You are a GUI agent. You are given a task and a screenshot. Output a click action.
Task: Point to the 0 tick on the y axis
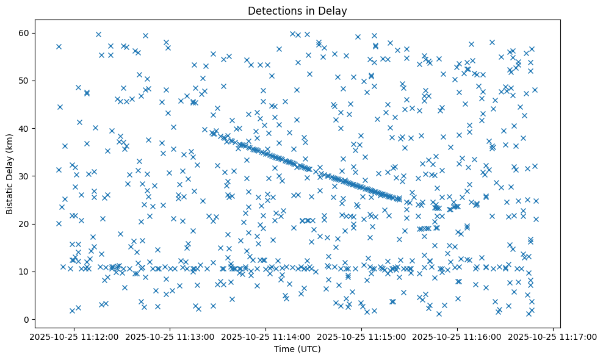(x=25, y=319)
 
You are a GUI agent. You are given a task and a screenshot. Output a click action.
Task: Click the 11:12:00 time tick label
(x=74, y=336)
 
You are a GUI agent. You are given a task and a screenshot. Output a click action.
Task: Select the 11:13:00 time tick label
(x=170, y=336)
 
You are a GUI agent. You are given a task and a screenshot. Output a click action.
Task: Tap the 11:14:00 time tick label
(x=266, y=336)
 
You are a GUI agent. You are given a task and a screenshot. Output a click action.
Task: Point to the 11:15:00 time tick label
(x=362, y=336)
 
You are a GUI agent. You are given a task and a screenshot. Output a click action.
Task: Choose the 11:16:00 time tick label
(x=458, y=336)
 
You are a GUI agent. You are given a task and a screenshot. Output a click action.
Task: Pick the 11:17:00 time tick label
(x=553, y=336)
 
